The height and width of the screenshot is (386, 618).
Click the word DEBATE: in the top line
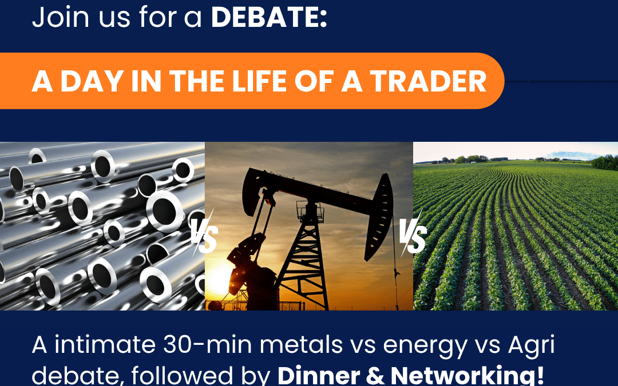(x=269, y=17)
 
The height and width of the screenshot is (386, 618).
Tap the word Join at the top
(x=60, y=17)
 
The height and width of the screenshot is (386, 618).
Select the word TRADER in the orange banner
(x=428, y=81)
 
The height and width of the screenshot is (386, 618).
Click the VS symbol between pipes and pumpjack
(x=204, y=233)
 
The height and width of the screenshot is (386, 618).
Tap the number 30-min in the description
(x=207, y=344)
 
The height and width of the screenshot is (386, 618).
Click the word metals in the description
(x=301, y=344)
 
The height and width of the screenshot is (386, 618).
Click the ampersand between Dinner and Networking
(x=375, y=376)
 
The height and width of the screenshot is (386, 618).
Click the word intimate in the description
(x=105, y=344)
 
